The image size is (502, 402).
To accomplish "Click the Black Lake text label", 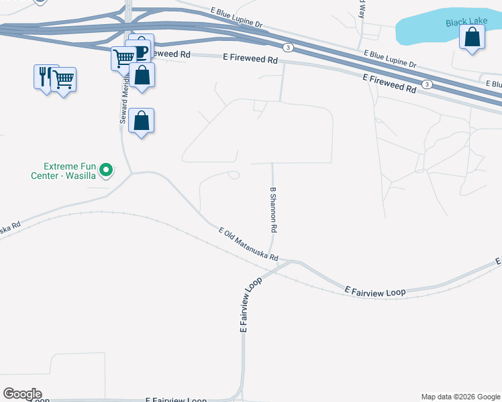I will [466, 22].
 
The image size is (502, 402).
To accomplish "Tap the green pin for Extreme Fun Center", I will [105, 172].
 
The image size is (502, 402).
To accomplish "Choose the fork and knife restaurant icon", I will [45, 76].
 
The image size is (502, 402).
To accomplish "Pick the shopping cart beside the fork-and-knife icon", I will [64, 80].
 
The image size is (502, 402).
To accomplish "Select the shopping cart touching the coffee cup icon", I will [123, 59].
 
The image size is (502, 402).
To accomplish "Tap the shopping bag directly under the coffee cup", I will [142, 75].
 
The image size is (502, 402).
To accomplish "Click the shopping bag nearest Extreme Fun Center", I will [142, 121].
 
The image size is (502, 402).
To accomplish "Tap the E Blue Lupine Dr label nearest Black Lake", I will [390, 60].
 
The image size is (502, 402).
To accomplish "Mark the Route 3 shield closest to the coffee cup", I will [288, 47].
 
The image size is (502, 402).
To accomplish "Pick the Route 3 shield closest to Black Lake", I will [426, 84].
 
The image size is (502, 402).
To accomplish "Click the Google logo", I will [21, 394].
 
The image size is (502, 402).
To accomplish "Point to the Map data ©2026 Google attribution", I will [460, 397].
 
